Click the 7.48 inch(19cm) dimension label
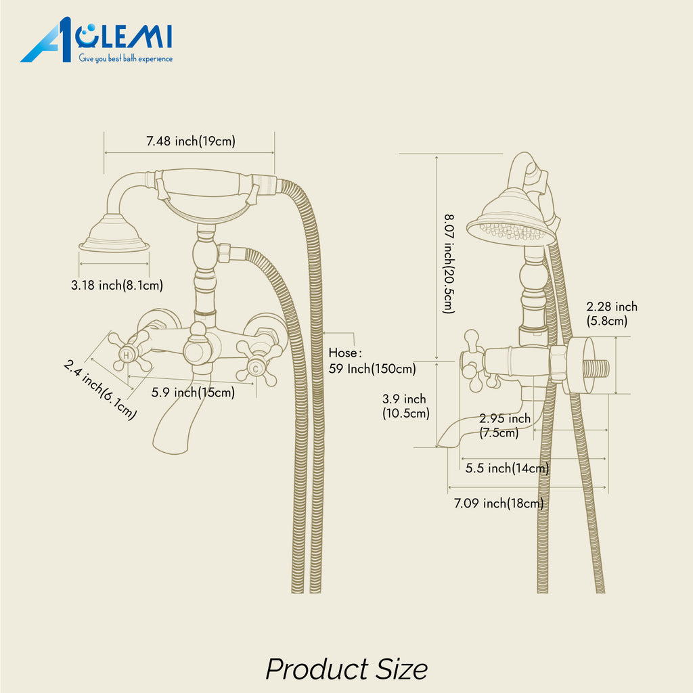[x=191, y=141]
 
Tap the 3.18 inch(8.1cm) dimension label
[x=117, y=285]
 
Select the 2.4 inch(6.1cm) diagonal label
[x=100, y=389]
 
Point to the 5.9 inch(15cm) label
[x=193, y=393]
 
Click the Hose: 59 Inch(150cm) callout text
[x=372, y=361]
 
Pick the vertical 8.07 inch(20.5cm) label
[x=449, y=264]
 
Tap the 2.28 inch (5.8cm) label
[x=612, y=313]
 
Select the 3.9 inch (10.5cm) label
[x=406, y=406]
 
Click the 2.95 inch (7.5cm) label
[x=505, y=425]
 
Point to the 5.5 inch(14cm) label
[x=507, y=468]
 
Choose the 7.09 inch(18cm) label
[x=499, y=504]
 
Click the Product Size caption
[x=346, y=669]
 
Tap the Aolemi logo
[x=96, y=40]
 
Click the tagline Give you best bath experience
[x=125, y=58]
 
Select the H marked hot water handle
[x=129, y=352]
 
